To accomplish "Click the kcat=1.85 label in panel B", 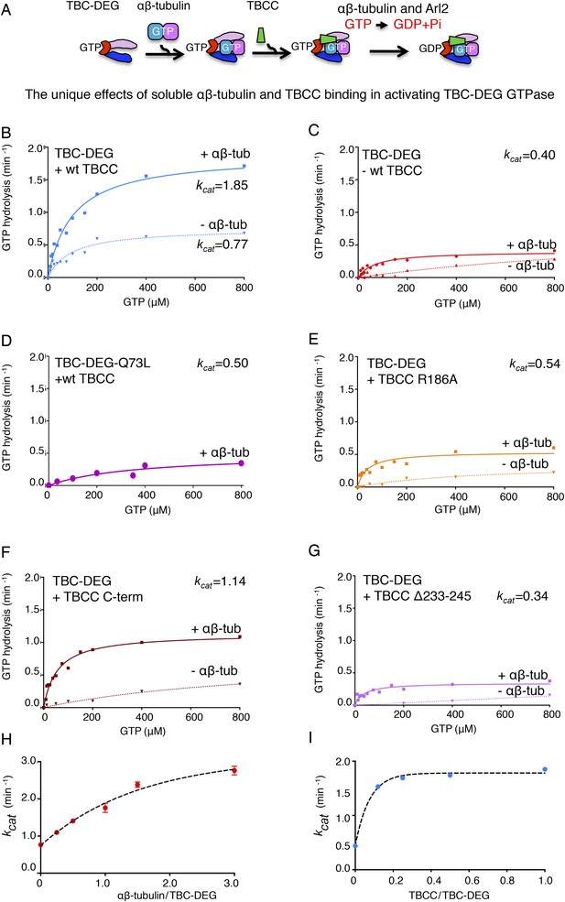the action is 223,187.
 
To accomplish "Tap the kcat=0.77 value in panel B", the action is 223,245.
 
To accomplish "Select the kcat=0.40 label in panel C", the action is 529,155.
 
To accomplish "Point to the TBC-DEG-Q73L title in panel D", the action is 103,363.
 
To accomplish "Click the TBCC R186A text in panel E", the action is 418,379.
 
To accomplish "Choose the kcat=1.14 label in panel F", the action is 220,582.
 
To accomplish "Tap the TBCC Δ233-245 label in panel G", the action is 423,596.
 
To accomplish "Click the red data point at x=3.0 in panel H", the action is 234,770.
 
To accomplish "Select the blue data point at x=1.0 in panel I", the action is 544,769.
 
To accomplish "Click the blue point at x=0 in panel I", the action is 355,845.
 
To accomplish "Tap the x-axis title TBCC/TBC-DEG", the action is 448,895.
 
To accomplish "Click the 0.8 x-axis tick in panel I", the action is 507,880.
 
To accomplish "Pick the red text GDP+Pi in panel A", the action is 418,24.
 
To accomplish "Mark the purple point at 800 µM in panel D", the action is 241,463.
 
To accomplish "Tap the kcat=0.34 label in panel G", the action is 523,596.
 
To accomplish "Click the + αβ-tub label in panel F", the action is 216,629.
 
